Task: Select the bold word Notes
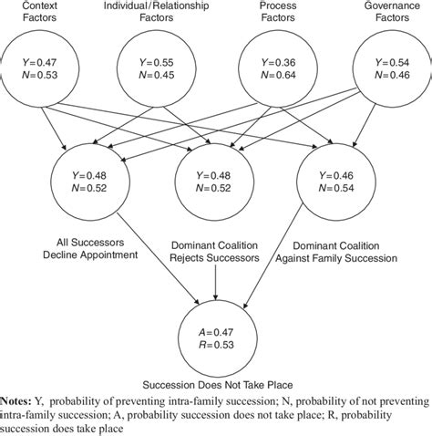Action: pyautogui.click(x=18, y=401)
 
